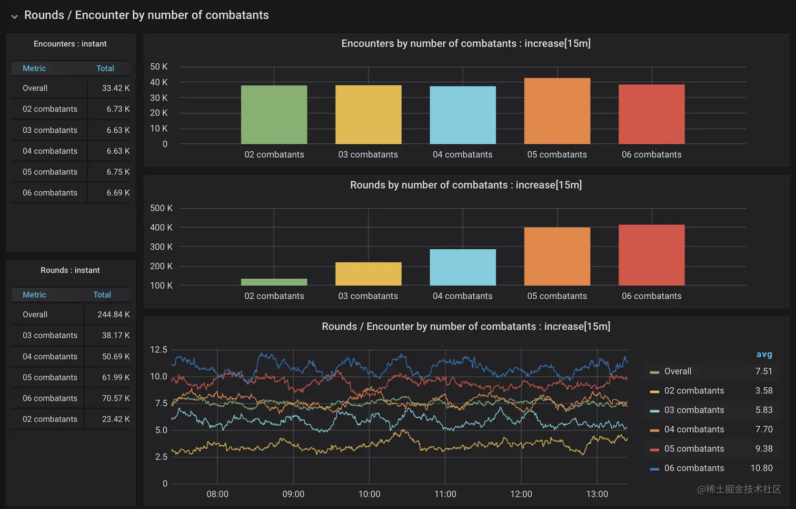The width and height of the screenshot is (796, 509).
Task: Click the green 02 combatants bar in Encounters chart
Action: click(274, 115)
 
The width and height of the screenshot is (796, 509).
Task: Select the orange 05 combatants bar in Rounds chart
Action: click(557, 257)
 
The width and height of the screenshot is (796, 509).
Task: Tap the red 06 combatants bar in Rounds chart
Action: click(651, 255)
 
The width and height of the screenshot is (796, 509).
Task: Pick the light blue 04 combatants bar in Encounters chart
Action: click(463, 115)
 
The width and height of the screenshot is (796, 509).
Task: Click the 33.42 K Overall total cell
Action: click(115, 88)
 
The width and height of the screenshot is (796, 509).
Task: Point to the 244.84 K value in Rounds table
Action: click(113, 315)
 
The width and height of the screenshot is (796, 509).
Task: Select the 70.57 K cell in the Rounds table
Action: click(115, 398)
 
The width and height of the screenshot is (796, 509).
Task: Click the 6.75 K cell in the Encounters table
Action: click(118, 172)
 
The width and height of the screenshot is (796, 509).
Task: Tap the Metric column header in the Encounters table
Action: click(34, 68)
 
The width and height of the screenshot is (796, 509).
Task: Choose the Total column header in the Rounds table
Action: click(102, 295)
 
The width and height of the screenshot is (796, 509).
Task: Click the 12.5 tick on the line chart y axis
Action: click(158, 350)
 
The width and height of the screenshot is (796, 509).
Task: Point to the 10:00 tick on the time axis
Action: click(369, 494)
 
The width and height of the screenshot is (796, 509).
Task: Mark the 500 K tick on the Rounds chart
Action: click(161, 208)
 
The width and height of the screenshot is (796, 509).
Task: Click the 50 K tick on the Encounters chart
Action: click(158, 67)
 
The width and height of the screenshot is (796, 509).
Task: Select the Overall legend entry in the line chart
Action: click(678, 371)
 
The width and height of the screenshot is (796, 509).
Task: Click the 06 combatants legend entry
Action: click(694, 468)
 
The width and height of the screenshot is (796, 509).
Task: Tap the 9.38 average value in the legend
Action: click(764, 449)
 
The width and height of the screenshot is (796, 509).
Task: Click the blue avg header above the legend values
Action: click(764, 355)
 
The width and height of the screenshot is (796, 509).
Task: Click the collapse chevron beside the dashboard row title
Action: click(14, 16)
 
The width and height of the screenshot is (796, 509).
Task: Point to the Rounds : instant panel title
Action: click(70, 270)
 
